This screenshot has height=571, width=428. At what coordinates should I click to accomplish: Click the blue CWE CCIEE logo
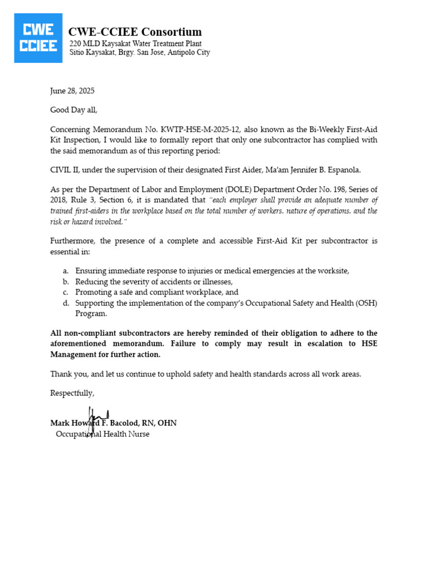point(38,38)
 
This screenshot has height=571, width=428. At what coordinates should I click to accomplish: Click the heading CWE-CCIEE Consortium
point(135,32)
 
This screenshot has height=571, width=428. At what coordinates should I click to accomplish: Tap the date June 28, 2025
point(72,91)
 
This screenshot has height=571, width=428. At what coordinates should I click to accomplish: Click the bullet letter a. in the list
point(66,271)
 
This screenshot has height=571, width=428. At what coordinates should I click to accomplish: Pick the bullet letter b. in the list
point(66,282)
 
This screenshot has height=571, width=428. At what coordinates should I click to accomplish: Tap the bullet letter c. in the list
point(66,292)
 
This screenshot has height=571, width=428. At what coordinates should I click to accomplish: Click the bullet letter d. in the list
point(66,303)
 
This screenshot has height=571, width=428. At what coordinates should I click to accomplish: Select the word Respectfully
point(72,393)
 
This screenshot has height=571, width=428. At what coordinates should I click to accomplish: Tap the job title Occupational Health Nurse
point(103,434)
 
